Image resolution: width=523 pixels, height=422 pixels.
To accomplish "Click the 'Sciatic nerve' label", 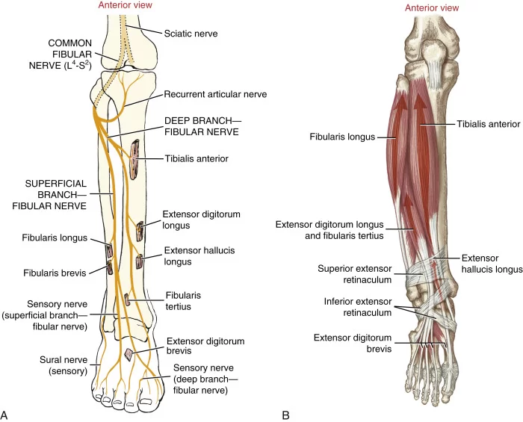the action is click(x=191, y=34).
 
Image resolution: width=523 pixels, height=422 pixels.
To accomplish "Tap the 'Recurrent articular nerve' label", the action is click(x=215, y=94).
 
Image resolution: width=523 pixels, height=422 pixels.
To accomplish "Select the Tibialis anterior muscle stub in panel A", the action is click(x=134, y=161).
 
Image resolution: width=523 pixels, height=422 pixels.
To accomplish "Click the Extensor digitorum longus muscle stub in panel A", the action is click(x=140, y=231).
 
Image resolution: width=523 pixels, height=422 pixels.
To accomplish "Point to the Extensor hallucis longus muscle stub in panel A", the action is click(x=140, y=261).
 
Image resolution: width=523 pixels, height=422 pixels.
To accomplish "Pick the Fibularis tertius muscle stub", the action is click(x=127, y=300).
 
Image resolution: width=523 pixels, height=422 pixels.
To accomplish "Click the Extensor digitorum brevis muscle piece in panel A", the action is click(x=129, y=354).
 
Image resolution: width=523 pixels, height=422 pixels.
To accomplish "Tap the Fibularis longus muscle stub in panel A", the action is click(x=109, y=250).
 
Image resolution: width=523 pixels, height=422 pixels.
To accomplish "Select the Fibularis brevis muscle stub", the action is click(x=109, y=267).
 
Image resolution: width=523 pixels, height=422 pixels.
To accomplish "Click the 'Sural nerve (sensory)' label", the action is click(x=64, y=365).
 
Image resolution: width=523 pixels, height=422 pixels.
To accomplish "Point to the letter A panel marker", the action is click(x=4, y=415).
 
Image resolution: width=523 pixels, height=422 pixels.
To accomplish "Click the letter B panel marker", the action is click(x=286, y=415).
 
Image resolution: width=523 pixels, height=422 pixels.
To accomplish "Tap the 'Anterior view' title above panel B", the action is click(x=432, y=7).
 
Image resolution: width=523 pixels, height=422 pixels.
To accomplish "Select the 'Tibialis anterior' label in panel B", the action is click(x=489, y=124).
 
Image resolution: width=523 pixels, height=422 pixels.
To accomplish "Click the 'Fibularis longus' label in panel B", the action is click(x=342, y=137).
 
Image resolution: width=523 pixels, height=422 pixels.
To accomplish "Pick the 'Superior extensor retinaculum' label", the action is click(x=355, y=274).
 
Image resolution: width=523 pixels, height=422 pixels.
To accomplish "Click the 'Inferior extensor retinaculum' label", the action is click(x=358, y=307).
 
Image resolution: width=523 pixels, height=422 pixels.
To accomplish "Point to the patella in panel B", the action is click(x=434, y=50).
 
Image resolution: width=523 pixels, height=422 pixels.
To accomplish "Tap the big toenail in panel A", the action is click(x=146, y=401).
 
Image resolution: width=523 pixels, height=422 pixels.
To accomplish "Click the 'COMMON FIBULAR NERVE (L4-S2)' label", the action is click(x=61, y=55).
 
